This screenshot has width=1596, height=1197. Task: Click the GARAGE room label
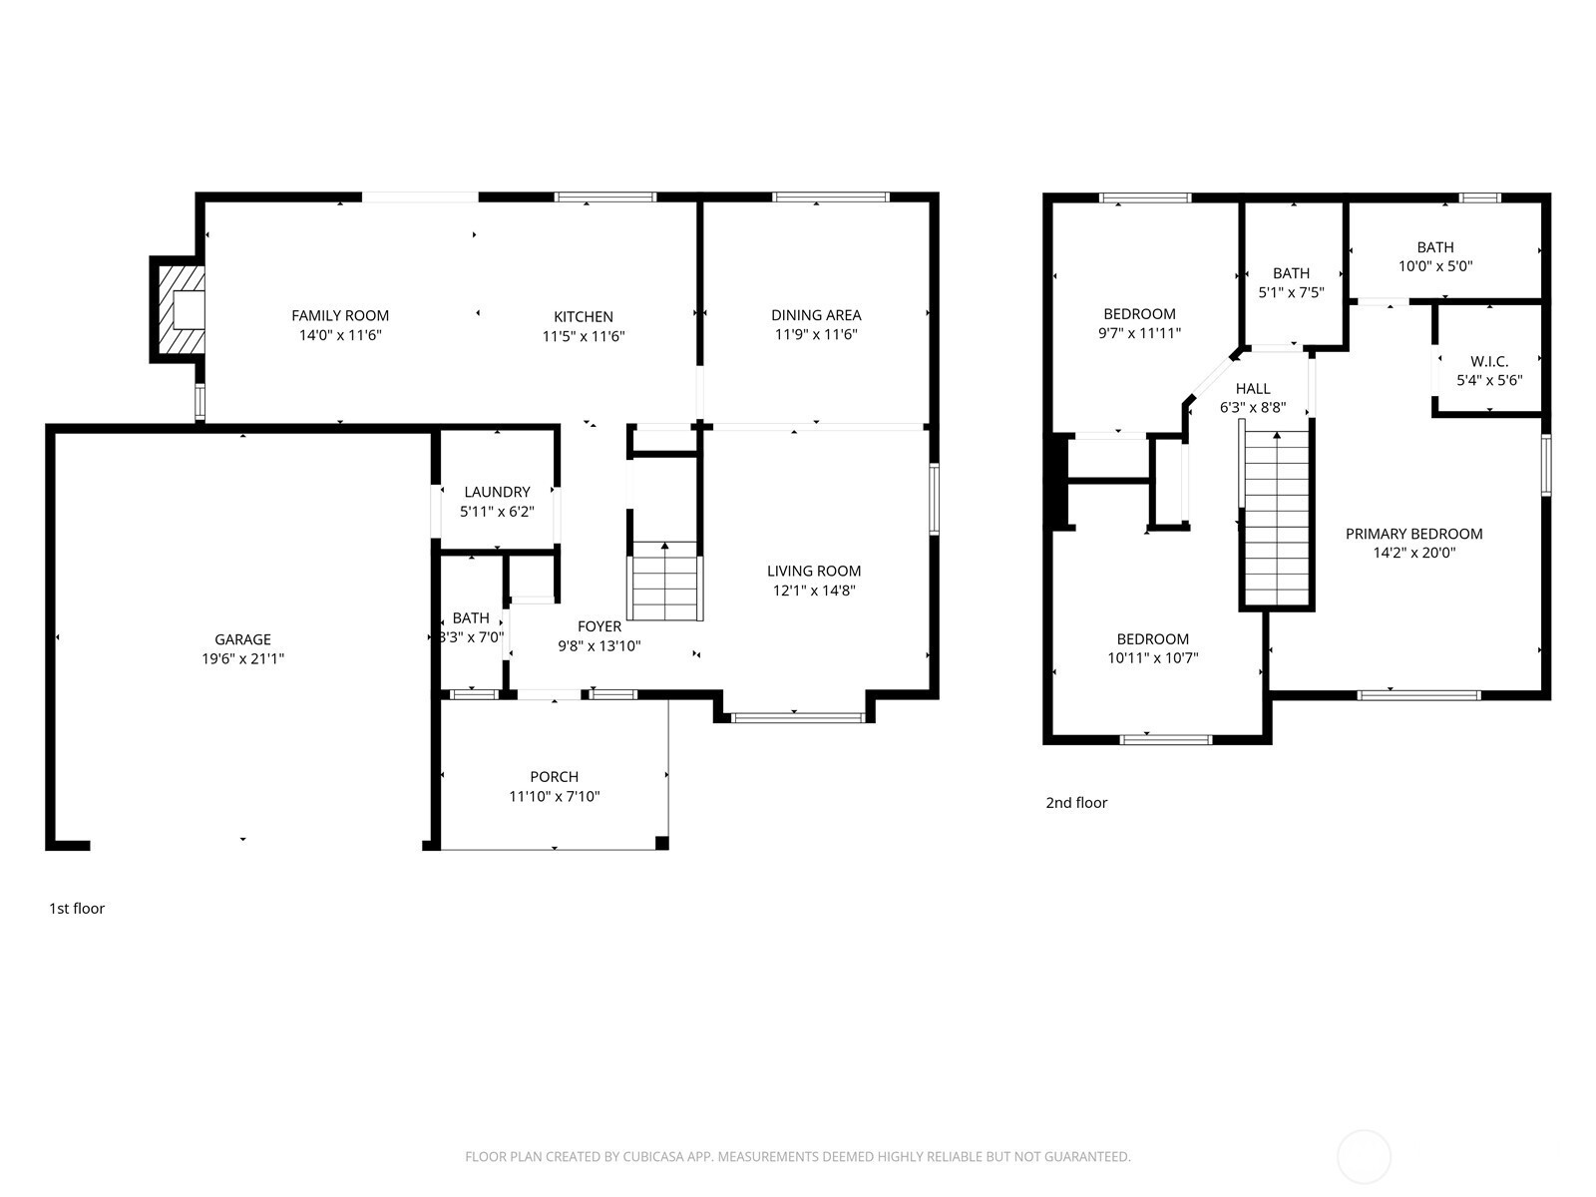pyautogui.click(x=242, y=639)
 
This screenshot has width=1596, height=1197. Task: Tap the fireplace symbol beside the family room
pyautogui.click(x=178, y=309)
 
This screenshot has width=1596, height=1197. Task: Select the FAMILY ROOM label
pyautogui.click(x=339, y=315)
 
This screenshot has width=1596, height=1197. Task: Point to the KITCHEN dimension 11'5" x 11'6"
pyautogui.click(x=584, y=336)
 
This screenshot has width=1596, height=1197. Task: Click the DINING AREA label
pyautogui.click(x=816, y=315)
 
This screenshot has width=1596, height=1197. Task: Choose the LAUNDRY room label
pyautogui.click(x=497, y=492)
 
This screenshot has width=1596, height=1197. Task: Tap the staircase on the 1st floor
pyautogui.click(x=664, y=582)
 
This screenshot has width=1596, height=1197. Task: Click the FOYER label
pyautogui.click(x=599, y=626)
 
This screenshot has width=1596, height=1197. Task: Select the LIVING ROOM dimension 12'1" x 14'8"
pyautogui.click(x=814, y=591)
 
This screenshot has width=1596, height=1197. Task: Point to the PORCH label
pyautogui.click(x=554, y=777)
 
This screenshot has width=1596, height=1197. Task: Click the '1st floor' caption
pyautogui.click(x=77, y=909)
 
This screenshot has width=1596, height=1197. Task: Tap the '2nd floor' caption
pyautogui.click(x=1076, y=803)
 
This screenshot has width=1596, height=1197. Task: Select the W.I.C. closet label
pyautogui.click(x=1489, y=361)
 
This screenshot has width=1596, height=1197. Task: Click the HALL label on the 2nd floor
pyautogui.click(x=1253, y=389)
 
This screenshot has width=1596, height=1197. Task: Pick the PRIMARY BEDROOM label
pyautogui.click(x=1413, y=535)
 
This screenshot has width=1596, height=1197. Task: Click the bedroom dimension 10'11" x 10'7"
pyautogui.click(x=1152, y=657)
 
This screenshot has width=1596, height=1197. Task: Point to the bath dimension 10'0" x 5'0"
pyautogui.click(x=1435, y=266)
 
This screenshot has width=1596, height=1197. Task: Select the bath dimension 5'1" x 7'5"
pyautogui.click(x=1292, y=292)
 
